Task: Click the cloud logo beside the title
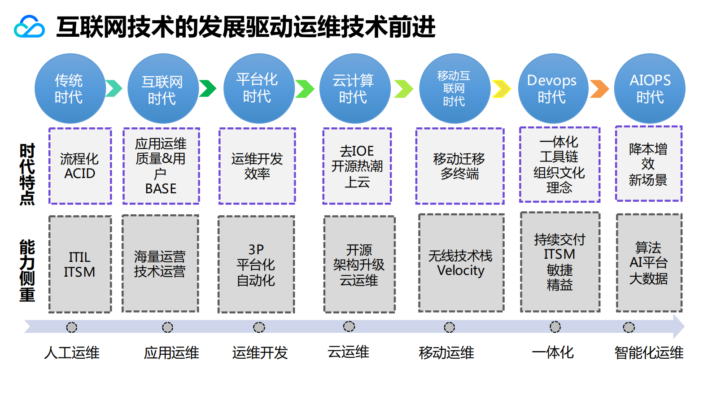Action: click(x=29, y=27)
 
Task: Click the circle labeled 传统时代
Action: click(x=70, y=89)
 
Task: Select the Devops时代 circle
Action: click(x=553, y=89)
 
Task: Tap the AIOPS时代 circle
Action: click(x=649, y=89)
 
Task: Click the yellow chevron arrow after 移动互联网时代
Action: click(x=502, y=89)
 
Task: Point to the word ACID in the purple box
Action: click(x=80, y=174)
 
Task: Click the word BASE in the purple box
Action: click(x=161, y=189)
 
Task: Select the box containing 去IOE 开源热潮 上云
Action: click(x=357, y=166)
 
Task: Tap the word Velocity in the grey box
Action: click(x=461, y=271)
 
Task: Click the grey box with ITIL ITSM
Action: click(x=80, y=264)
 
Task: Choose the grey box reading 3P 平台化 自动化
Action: click(x=256, y=265)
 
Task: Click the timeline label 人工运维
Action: click(x=72, y=353)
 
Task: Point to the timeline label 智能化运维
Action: click(x=649, y=353)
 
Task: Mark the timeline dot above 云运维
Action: click(x=349, y=326)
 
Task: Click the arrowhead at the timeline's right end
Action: click(x=679, y=326)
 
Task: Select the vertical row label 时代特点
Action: click(x=27, y=174)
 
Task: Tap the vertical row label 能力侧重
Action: click(x=27, y=270)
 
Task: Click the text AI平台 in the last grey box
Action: click(x=649, y=263)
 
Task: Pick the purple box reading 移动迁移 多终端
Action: click(x=460, y=166)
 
